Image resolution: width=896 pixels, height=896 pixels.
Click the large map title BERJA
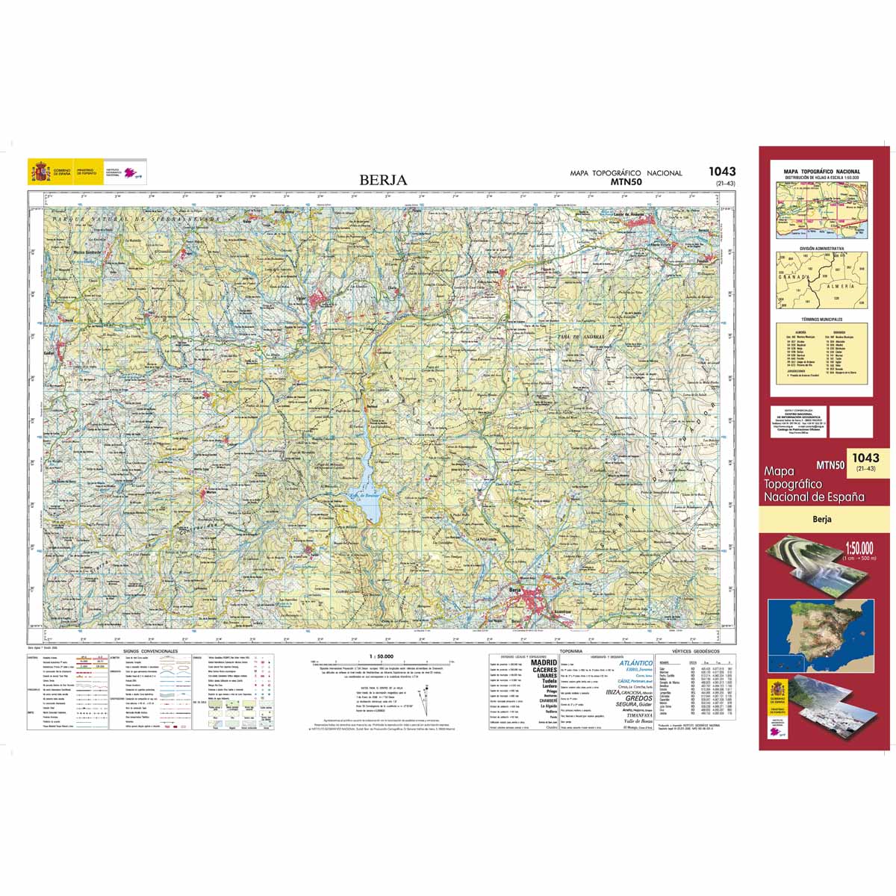(x=383, y=180)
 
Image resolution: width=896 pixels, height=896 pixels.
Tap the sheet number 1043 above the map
(x=721, y=172)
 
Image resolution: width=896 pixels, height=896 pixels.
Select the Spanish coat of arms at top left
(x=40, y=172)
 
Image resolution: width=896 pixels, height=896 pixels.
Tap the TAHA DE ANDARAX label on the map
(x=579, y=337)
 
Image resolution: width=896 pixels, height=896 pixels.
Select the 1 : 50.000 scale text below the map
(x=381, y=656)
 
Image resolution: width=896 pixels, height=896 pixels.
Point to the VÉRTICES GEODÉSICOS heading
(x=695, y=651)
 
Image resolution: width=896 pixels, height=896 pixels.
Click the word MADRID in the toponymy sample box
(x=543, y=663)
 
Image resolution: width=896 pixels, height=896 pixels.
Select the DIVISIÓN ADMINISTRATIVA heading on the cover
(x=821, y=249)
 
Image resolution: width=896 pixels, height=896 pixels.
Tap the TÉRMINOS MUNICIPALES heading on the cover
(x=821, y=319)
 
